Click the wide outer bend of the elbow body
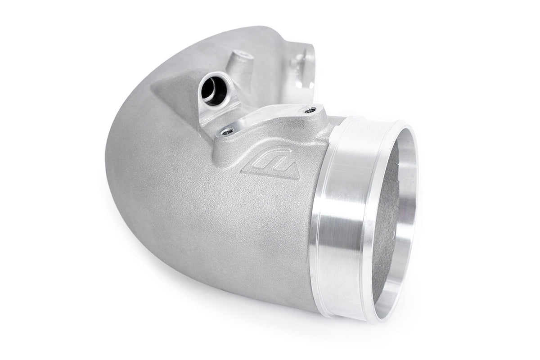point(144,171)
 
